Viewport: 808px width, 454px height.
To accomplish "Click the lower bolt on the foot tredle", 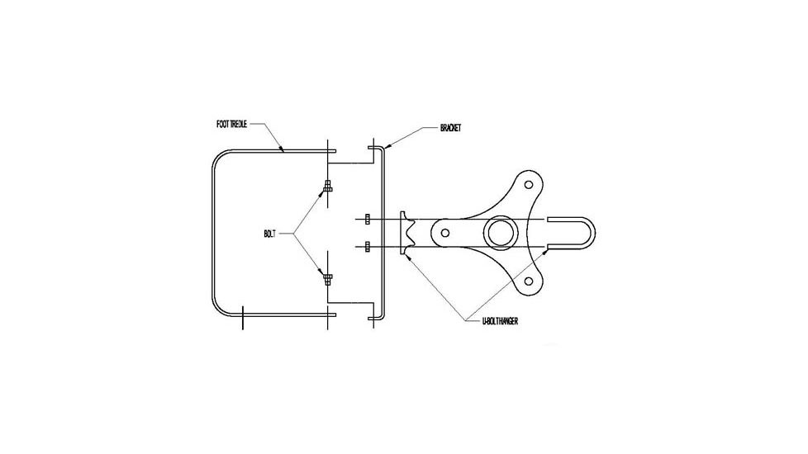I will click(328, 278).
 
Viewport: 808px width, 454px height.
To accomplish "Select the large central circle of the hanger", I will click(500, 233).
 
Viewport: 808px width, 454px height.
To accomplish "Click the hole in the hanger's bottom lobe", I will click(525, 283).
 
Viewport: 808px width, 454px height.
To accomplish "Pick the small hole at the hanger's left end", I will click(446, 233).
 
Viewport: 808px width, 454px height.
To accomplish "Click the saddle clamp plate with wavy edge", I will click(406, 233).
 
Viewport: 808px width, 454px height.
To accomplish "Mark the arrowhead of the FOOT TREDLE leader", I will click(283, 151).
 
